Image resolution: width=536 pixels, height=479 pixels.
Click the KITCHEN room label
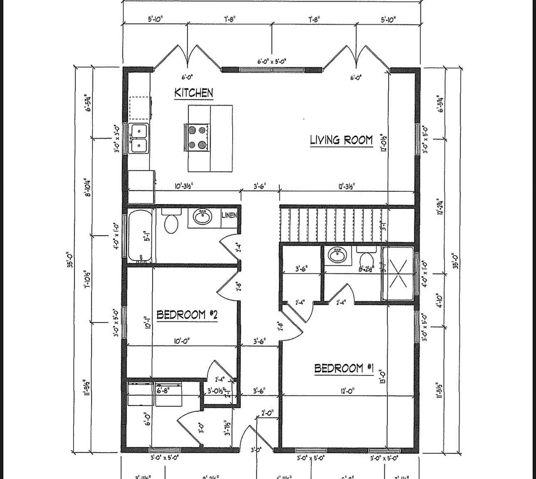(194, 92)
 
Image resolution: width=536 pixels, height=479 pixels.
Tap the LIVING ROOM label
(341, 140)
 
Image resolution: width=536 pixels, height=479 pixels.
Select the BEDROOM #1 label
(344, 368)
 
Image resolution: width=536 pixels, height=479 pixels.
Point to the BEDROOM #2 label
(187, 315)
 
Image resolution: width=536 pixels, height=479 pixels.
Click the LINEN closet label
(229, 215)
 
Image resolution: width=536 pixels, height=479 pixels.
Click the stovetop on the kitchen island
(197, 137)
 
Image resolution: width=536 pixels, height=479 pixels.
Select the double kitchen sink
(138, 138)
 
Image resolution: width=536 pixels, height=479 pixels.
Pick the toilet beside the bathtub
(171, 221)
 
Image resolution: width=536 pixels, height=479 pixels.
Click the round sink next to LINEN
(203, 216)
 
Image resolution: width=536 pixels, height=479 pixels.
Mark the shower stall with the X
(398, 274)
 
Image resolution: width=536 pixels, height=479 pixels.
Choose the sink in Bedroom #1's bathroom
(337, 255)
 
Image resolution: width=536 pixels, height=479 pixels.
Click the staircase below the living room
(330, 225)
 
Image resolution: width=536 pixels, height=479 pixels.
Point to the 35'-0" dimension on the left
(71, 258)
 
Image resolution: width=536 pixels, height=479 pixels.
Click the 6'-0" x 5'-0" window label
(272, 62)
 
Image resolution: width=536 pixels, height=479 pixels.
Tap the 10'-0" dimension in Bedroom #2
(182, 341)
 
